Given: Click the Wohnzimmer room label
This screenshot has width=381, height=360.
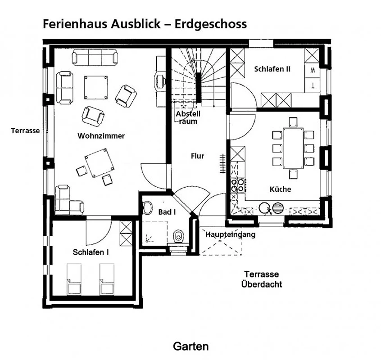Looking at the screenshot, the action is point(101,136).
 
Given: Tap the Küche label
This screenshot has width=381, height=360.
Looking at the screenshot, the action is point(280,189).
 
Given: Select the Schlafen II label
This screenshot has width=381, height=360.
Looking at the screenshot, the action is point(272,69).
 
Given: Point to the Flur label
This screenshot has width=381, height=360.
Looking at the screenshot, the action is point(198,156).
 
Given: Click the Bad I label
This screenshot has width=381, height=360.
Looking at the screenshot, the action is point(167,212).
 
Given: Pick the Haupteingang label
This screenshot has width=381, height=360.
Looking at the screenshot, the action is point(230,234).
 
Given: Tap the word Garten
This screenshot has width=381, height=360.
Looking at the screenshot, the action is point(191,346).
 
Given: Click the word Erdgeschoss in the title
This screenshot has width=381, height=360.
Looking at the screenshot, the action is point(211,24).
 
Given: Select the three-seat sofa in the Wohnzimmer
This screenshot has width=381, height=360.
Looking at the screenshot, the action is point(95,57).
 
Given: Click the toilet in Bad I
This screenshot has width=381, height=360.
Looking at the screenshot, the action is point(179,236).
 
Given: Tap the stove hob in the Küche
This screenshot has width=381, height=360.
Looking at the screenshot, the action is point(237,185).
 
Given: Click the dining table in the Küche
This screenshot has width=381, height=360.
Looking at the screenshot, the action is point(293,148).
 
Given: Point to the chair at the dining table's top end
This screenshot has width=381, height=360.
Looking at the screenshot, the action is point(293,122).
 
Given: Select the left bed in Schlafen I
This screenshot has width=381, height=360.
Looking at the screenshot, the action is point(74,279).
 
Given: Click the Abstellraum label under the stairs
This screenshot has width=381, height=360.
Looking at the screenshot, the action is point(188,117).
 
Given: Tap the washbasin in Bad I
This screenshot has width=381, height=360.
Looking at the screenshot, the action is point(147,208).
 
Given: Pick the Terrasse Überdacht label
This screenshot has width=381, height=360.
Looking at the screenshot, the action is point(262,279).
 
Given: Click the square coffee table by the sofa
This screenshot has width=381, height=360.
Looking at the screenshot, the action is point(96,87).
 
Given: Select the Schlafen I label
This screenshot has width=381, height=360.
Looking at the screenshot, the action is point(91,252).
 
